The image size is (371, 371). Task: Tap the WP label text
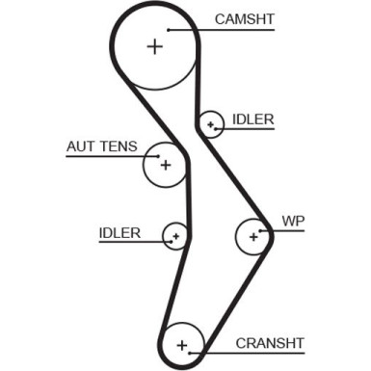coord(291,221)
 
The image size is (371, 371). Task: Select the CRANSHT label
coord(269,342)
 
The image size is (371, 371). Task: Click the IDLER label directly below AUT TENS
coord(119,232)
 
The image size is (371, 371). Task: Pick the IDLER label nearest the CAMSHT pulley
coord(252,119)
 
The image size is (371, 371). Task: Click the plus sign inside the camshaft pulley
coord(155,45)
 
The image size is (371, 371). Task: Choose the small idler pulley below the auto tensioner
coord(174,235)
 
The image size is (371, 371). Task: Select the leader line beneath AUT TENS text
coord(106,159)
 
